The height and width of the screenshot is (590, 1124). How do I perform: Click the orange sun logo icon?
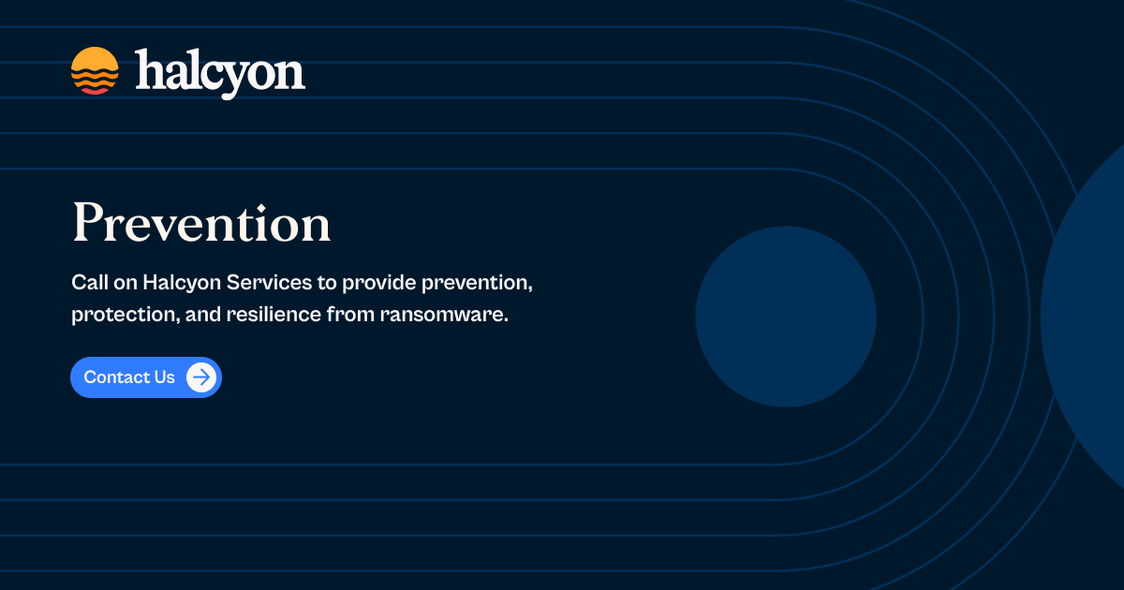pyautogui.click(x=95, y=71)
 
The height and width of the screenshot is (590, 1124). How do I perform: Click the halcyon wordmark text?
pyautogui.click(x=220, y=73)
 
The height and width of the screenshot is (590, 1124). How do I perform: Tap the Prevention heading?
pyautogui.click(x=201, y=224)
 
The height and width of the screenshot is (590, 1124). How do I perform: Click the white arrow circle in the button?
pyautogui.click(x=201, y=377)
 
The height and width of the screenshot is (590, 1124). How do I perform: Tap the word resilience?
pyautogui.click(x=273, y=315)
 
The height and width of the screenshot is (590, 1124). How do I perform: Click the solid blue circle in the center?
pyautogui.click(x=786, y=317)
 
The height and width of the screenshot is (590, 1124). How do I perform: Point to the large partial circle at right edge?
pyautogui.click(x=1087, y=318)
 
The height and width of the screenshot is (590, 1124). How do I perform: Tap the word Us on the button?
pyautogui.click(x=164, y=377)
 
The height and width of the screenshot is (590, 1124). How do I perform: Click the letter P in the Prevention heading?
pyautogui.click(x=87, y=224)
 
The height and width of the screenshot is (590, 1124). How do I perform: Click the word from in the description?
pyautogui.click(x=351, y=315)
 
